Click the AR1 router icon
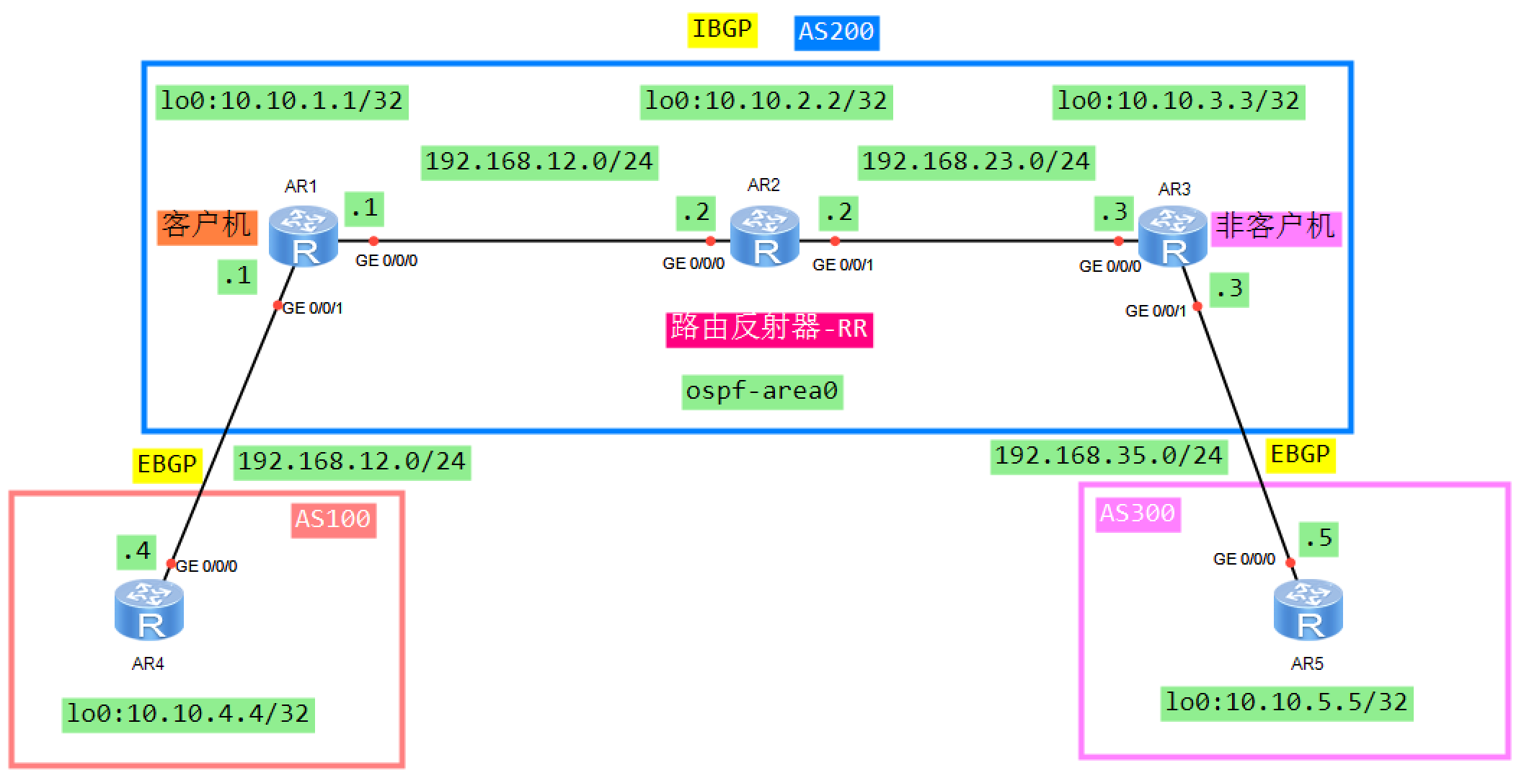pos(304,236)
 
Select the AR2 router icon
pos(764,236)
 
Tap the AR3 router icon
pos(1173,237)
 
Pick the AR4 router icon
pos(149,610)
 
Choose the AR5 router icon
pos(1308,610)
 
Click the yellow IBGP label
pos(722,30)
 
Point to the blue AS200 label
pos(836,32)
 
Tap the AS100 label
pos(333,519)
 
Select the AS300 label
pos(1138,514)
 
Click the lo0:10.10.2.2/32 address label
pos(766,102)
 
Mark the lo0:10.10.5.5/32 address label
pos(1286,703)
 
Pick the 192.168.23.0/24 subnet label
pos(975,162)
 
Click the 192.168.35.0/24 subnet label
pos(1108,456)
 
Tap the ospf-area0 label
pos(762,392)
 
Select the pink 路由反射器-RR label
pos(768,329)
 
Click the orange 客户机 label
pos(207,226)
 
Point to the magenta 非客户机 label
pos(1275,228)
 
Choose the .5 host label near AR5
pos(1319,539)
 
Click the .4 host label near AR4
pos(136,552)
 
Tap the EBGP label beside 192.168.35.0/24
pos(1300,455)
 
